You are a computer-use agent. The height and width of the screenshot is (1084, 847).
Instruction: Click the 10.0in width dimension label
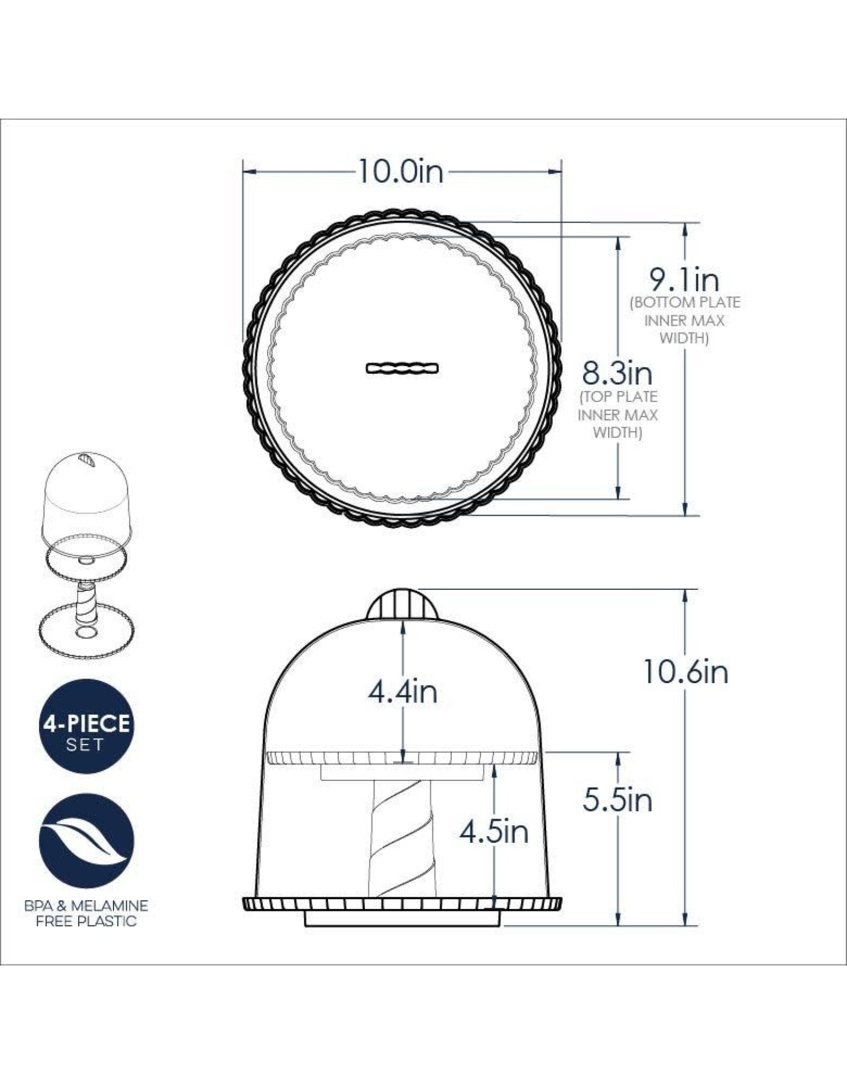pyautogui.click(x=401, y=172)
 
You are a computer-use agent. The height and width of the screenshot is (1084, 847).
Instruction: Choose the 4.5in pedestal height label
pyautogui.click(x=494, y=833)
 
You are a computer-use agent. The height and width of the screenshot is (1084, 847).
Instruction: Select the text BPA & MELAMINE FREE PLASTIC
pyautogui.click(x=86, y=913)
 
